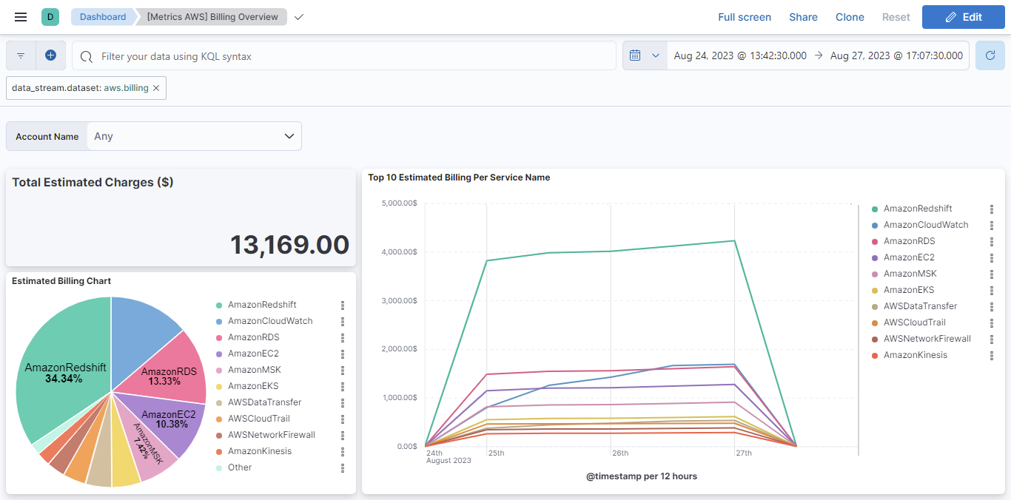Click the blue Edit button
click(963, 17)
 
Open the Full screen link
click(744, 17)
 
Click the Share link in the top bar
click(803, 17)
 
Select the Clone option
click(850, 17)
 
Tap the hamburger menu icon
click(21, 17)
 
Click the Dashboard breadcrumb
click(102, 17)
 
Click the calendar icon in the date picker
click(635, 55)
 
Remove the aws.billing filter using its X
click(156, 88)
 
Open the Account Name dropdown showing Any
click(194, 136)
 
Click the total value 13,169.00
click(289, 245)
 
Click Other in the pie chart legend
click(240, 467)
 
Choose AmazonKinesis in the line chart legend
click(915, 355)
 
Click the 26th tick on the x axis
click(619, 453)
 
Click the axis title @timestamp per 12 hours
click(641, 476)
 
